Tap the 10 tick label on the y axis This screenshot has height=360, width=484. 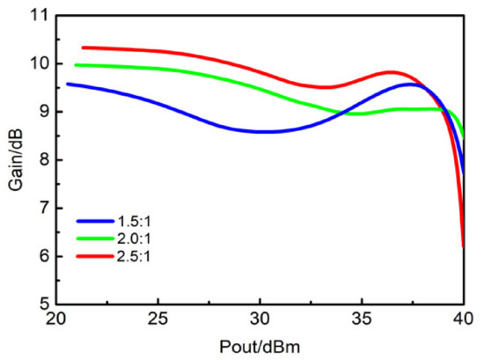pyautogui.click(x=37, y=64)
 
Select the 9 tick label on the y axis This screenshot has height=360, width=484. pyautogui.click(x=40, y=113)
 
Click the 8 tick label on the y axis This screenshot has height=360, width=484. pyautogui.click(x=40, y=161)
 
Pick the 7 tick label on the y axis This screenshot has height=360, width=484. pyautogui.click(x=40, y=209)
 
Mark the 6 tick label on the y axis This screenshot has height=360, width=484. pyautogui.click(x=40, y=257)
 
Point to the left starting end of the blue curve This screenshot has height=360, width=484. pyautogui.click(x=68, y=84)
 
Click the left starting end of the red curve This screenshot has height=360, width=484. pyautogui.click(x=83, y=48)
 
